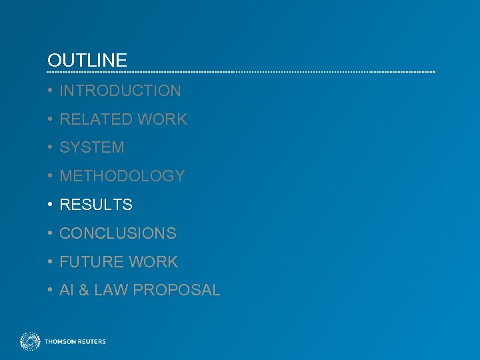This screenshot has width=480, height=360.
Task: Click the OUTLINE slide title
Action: [87, 60]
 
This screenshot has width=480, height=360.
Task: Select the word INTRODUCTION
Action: [120, 91]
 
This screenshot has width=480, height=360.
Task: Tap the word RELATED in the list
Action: [96, 119]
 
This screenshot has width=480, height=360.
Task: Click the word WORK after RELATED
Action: [163, 119]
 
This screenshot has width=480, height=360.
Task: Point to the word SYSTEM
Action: [92, 147]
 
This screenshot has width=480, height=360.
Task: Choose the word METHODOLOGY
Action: [122, 176]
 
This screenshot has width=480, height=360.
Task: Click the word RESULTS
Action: [96, 205]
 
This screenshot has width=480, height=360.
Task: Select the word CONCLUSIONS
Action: [118, 233]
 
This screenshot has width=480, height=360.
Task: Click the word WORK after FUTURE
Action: [153, 262]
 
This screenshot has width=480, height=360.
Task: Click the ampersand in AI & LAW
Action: [83, 290]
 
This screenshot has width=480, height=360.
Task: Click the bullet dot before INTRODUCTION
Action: [51, 91]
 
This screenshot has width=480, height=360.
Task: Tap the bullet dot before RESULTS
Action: [51, 205]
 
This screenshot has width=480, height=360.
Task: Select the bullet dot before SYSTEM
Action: [51, 147]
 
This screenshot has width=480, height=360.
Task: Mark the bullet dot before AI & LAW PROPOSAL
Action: [51, 290]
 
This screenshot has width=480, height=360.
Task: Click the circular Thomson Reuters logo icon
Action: [30, 341]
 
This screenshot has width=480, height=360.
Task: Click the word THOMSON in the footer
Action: [59, 342]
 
